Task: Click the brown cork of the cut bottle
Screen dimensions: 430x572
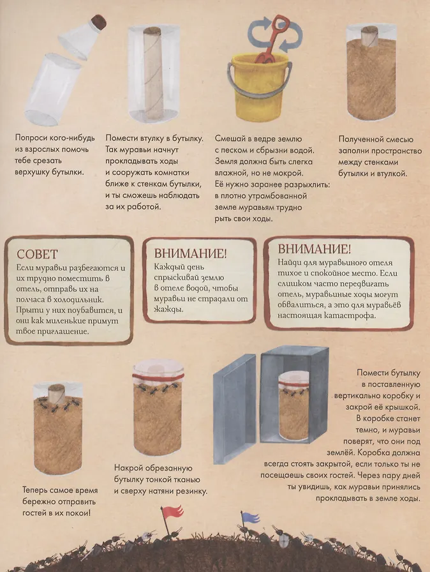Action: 98,22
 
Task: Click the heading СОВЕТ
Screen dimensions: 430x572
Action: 37,254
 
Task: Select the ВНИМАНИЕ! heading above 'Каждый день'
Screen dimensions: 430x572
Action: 190,253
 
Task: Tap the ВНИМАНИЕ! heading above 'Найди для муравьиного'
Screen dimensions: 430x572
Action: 315,249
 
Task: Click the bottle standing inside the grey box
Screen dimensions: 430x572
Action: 293,407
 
